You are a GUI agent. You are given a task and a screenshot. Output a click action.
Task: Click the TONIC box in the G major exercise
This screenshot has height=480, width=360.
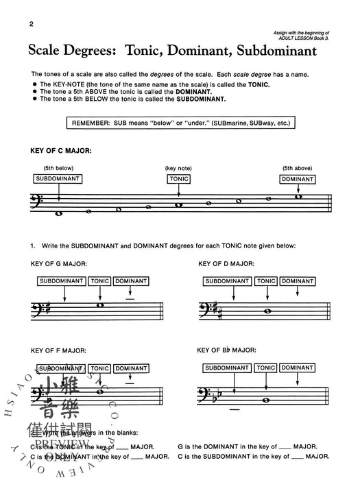click(100, 281)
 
